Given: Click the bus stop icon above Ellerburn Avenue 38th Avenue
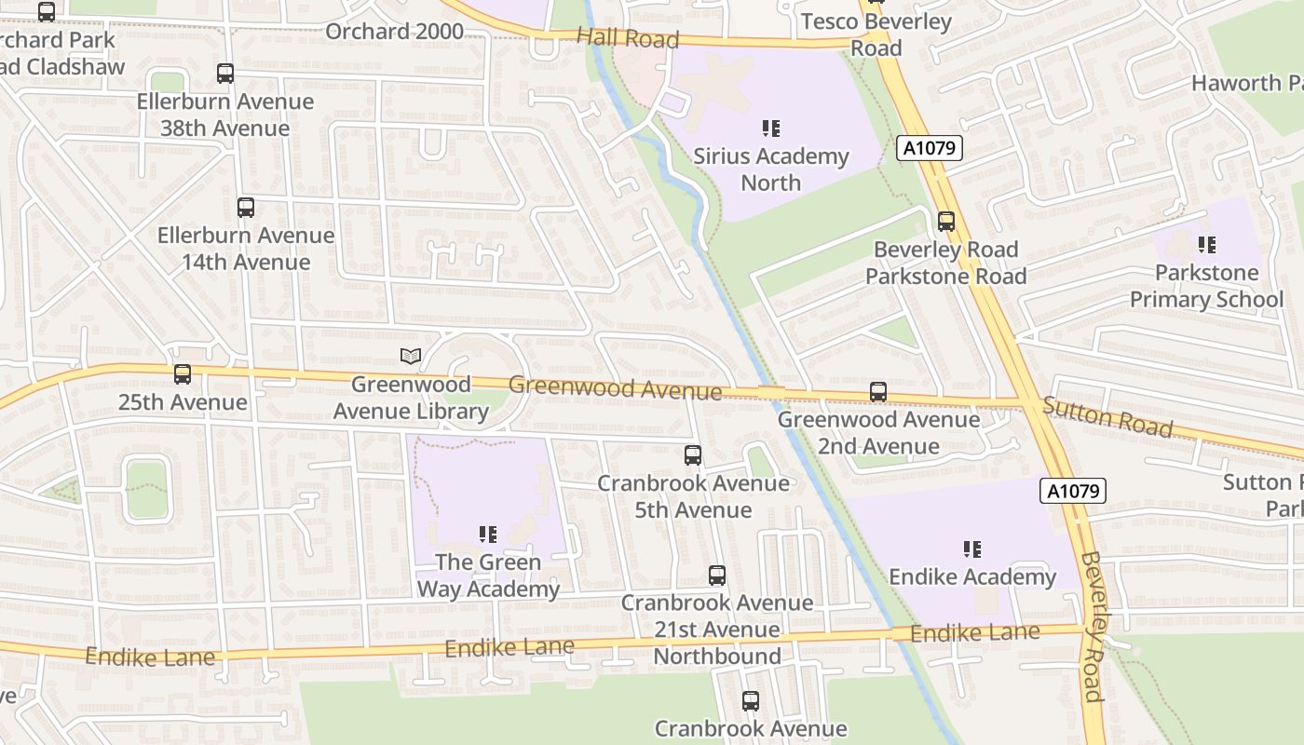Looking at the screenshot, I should [x=224, y=74].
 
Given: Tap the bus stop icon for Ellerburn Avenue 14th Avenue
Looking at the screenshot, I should [x=246, y=208].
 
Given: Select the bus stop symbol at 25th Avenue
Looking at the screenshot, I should [x=183, y=374].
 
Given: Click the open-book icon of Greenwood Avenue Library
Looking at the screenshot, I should [x=411, y=356].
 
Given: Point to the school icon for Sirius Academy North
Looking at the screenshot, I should [x=771, y=129].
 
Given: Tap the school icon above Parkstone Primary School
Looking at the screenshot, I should [x=1207, y=245].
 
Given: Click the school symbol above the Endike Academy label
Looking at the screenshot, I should [x=972, y=549].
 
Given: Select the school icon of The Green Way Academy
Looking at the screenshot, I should [x=488, y=535].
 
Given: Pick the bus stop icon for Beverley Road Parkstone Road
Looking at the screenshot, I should [x=946, y=222].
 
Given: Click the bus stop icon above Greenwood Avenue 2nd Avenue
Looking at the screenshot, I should [x=878, y=392].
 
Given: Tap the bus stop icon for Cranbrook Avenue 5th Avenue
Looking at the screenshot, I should [x=693, y=455].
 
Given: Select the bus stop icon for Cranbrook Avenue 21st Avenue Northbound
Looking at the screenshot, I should [x=716, y=576].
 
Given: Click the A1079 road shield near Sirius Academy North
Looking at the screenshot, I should [x=930, y=148].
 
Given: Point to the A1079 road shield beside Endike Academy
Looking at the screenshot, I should [x=1072, y=491].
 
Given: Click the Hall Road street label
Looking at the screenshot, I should [x=628, y=38].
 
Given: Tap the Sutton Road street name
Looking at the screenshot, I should [x=1107, y=416].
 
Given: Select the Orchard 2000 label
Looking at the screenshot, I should [x=394, y=32].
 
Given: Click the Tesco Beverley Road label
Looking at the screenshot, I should [x=876, y=34].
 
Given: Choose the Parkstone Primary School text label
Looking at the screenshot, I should [x=1206, y=286].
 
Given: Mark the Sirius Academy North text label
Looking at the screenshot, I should [x=771, y=169].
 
